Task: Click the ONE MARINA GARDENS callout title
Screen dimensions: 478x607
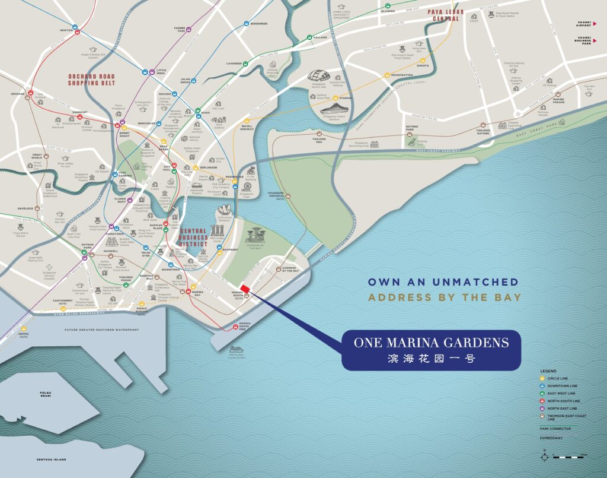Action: [431, 342]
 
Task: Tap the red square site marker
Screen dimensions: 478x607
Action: [244, 289]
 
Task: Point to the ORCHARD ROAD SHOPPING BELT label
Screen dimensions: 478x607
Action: [91, 80]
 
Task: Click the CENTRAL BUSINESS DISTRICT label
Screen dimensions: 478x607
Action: [193, 237]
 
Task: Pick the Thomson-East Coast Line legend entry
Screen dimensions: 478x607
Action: [566, 417]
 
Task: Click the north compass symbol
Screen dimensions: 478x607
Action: [544, 457]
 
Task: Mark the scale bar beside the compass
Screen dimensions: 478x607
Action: [568, 457]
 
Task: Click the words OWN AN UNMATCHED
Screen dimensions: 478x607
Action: [443, 282]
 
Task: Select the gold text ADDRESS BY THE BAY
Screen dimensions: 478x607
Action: [444, 297]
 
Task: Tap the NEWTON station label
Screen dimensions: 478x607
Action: [66, 29]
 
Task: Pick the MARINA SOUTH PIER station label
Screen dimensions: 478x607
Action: [244, 326]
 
